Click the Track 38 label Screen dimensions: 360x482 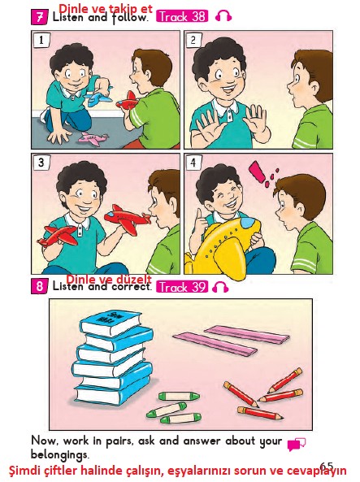click(x=182, y=16)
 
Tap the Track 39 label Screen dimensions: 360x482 click(x=182, y=287)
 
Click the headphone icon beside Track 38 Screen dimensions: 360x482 click(x=223, y=15)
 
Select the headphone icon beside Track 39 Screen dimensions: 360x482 click(x=220, y=287)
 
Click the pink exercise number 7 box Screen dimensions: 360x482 click(x=39, y=17)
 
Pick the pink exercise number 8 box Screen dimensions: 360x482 click(x=39, y=287)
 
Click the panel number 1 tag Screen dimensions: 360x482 click(x=41, y=40)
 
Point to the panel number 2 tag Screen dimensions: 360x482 click(x=193, y=40)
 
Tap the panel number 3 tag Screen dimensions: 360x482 click(x=41, y=163)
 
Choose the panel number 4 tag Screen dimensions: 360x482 click(x=193, y=163)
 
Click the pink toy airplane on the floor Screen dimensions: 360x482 click(x=93, y=139)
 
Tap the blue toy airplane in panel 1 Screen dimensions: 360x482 click(x=98, y=98)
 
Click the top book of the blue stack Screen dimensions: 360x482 click(x=111, y=323)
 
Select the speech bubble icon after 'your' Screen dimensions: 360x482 click(x=297, y=444)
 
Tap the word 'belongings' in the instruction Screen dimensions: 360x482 click(x=59, y=455)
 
